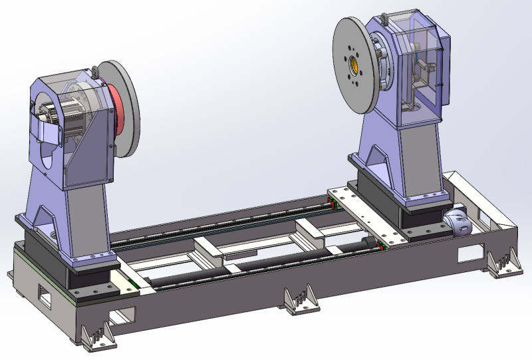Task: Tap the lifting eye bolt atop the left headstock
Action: (95, 69)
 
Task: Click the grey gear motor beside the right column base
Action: (458, 222)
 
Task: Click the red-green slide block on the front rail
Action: (382, 246)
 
